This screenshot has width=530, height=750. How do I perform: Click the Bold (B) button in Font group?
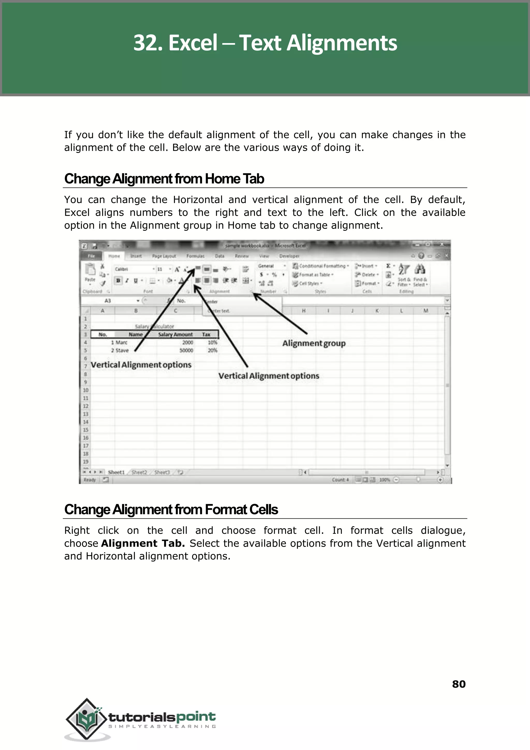[118, 280]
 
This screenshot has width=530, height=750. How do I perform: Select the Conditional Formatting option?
[321, 266]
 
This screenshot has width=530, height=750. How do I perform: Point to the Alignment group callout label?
[314, 343]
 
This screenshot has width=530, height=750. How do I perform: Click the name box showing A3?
[108, 301]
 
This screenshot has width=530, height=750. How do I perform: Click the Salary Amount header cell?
[175, 334]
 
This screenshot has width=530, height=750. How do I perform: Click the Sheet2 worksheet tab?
[139, 472]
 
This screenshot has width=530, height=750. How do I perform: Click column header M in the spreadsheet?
[425, 311]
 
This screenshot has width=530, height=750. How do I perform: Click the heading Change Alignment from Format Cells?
[171, 510]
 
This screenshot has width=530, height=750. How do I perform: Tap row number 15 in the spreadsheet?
[85, 430]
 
